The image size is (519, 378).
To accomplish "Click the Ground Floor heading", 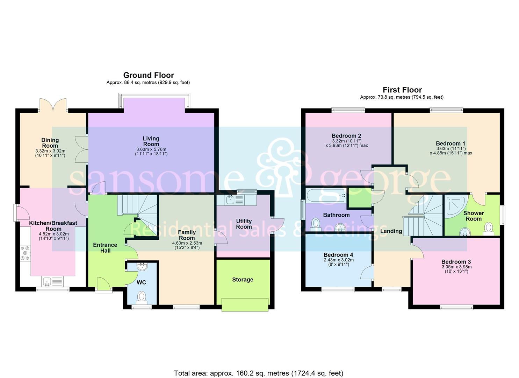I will (x=148, y=75).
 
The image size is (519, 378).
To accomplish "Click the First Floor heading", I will (x=402, y=90).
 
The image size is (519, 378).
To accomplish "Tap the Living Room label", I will (x=151, y=141).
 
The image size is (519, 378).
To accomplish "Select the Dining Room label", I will (x=50, y=143).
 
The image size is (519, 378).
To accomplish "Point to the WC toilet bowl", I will (x=142, y=297).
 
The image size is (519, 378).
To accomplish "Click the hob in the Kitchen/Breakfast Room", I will (x=26, y=253).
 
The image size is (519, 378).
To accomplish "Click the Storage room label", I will (x=243, y=280).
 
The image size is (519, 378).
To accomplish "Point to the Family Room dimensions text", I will (x=187, y=245).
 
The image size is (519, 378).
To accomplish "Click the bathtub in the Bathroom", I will (x=326, y=195).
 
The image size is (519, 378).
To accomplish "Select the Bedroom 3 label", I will (x=456, y=262).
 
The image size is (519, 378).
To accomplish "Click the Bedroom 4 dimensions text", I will (x=336, y=262).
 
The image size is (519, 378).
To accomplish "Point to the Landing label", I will (x=391, y=231).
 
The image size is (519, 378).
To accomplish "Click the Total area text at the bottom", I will (x=259, y=373).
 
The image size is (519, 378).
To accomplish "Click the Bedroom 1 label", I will (x=450, y=143).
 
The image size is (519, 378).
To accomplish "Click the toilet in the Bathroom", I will (x=316, y=223).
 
